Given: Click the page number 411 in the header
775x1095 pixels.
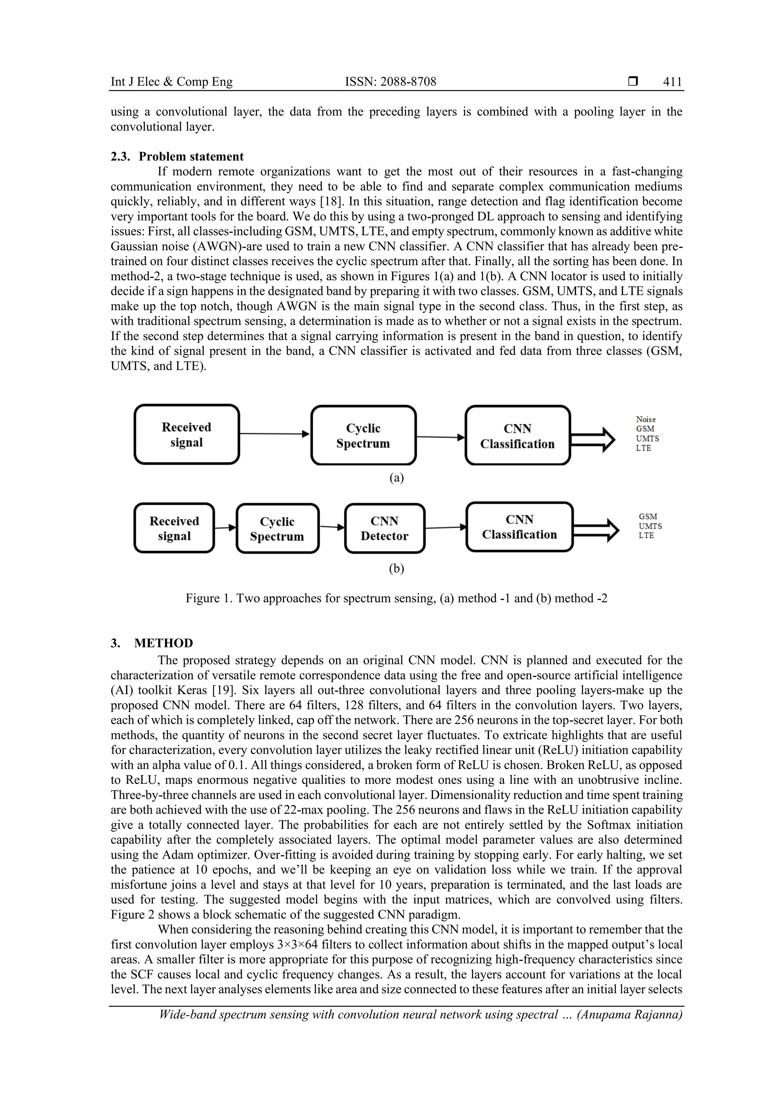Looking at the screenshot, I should click(x=672, y=82).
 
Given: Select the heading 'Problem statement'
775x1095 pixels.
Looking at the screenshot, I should click(x=191, y=157).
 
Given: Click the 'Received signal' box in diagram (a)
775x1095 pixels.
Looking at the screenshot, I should click(x=187, y=434).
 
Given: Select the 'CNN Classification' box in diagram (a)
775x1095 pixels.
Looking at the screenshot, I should click(x=518, y=436).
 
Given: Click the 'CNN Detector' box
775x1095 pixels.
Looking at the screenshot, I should click(x=384, y=529).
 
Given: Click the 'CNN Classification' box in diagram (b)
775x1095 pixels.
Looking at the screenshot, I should click(x=519, y=527).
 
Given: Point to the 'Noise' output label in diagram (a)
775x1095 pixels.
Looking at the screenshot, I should click(x=646, y=419).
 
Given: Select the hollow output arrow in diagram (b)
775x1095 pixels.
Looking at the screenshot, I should click(x=596, y=530).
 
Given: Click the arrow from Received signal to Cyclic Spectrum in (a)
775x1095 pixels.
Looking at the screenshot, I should click(x=275, y=434).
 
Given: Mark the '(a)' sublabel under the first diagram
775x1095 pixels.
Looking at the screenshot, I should click(x=397, y=478).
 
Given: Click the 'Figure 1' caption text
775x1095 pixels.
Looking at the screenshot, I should click(x=396, y=598).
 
